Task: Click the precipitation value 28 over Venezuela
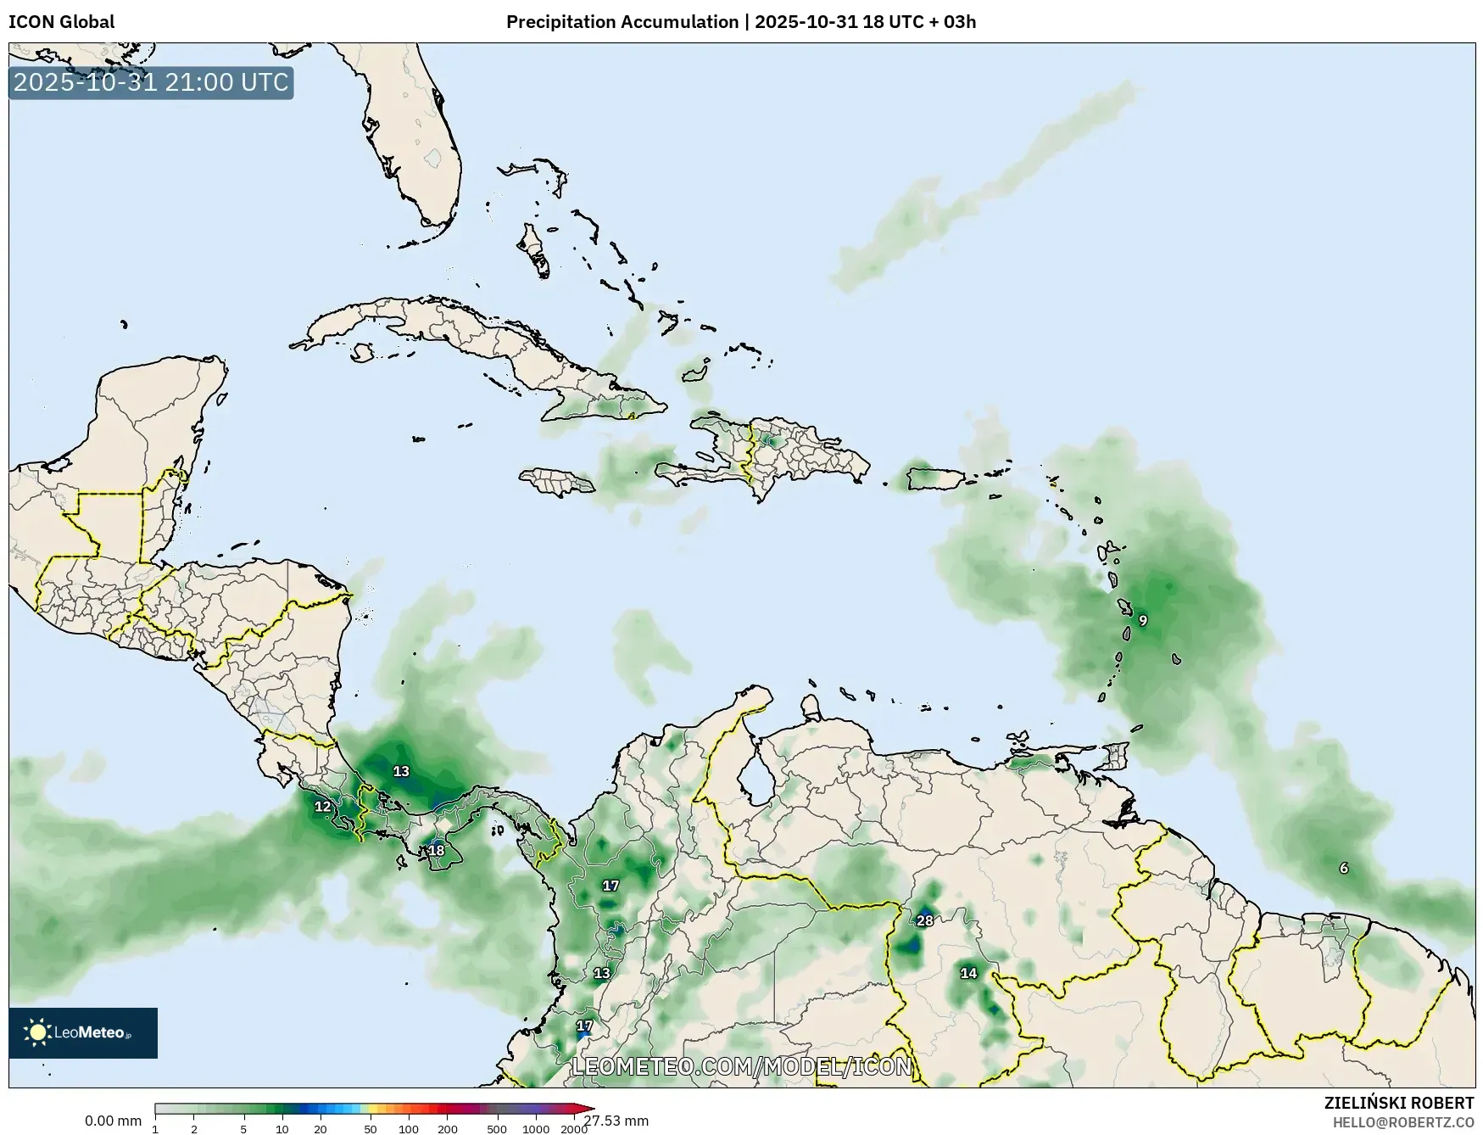click(924, 920)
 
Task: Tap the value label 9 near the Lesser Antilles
click(1143, 621)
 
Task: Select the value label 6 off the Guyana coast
click(1344, 868)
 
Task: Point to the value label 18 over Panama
click(436, 850)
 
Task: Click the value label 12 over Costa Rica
click(323, 807)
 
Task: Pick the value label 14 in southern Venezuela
click(968, 973)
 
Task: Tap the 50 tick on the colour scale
click(371, 1128)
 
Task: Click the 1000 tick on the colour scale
click(535, 1128)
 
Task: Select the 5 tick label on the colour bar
click(243, 1128)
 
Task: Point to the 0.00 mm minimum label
click(113, 1121)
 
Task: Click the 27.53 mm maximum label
click(616, 1121)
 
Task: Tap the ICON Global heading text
click(61, 22)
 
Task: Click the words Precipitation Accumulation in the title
click(622, 22)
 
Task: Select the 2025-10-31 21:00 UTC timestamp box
click(151, 83)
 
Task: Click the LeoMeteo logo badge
click(83, 1032)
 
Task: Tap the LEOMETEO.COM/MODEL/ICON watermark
click(742, 1066)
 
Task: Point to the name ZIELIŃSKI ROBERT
click(1399, 1103)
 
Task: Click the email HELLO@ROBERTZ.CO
click(1402, 1122)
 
